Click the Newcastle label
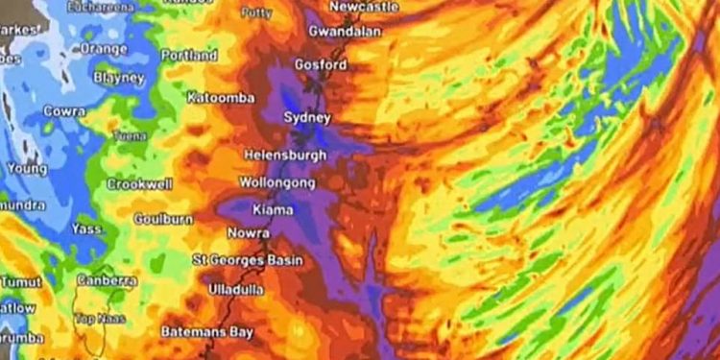(364, 7)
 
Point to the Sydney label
(307, 117)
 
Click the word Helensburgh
(285, 155)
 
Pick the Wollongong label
(277, 182)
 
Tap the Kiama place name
(273, 209)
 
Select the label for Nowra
(248, 233)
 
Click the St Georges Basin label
(248, 260)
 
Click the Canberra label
(107, 281)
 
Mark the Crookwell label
(139, 183)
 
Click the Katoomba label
(220, 98)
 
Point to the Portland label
(189, 56)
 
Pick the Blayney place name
(119, 77)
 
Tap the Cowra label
(65, 111)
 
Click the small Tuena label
(131, 137)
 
